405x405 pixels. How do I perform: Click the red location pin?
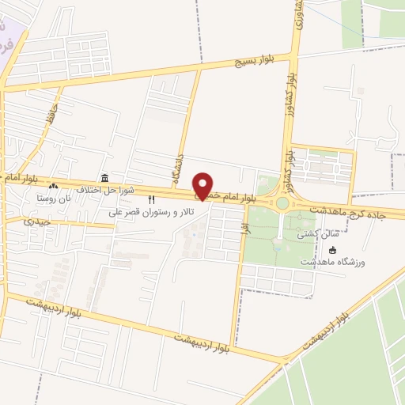pyautogui.click(x=203, y=185)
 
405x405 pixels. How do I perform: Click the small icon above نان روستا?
pyautogui.click(x=53, y=187)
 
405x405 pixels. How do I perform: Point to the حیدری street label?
pyautogui.click(x=37, y=222)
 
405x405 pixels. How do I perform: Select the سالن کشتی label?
pyautogui.click(x=318, y=235)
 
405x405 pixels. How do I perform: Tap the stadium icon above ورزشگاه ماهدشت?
pyautogui.click(x=332, y=250)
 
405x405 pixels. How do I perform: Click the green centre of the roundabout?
pyautogui.click(x=282, y=203)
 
